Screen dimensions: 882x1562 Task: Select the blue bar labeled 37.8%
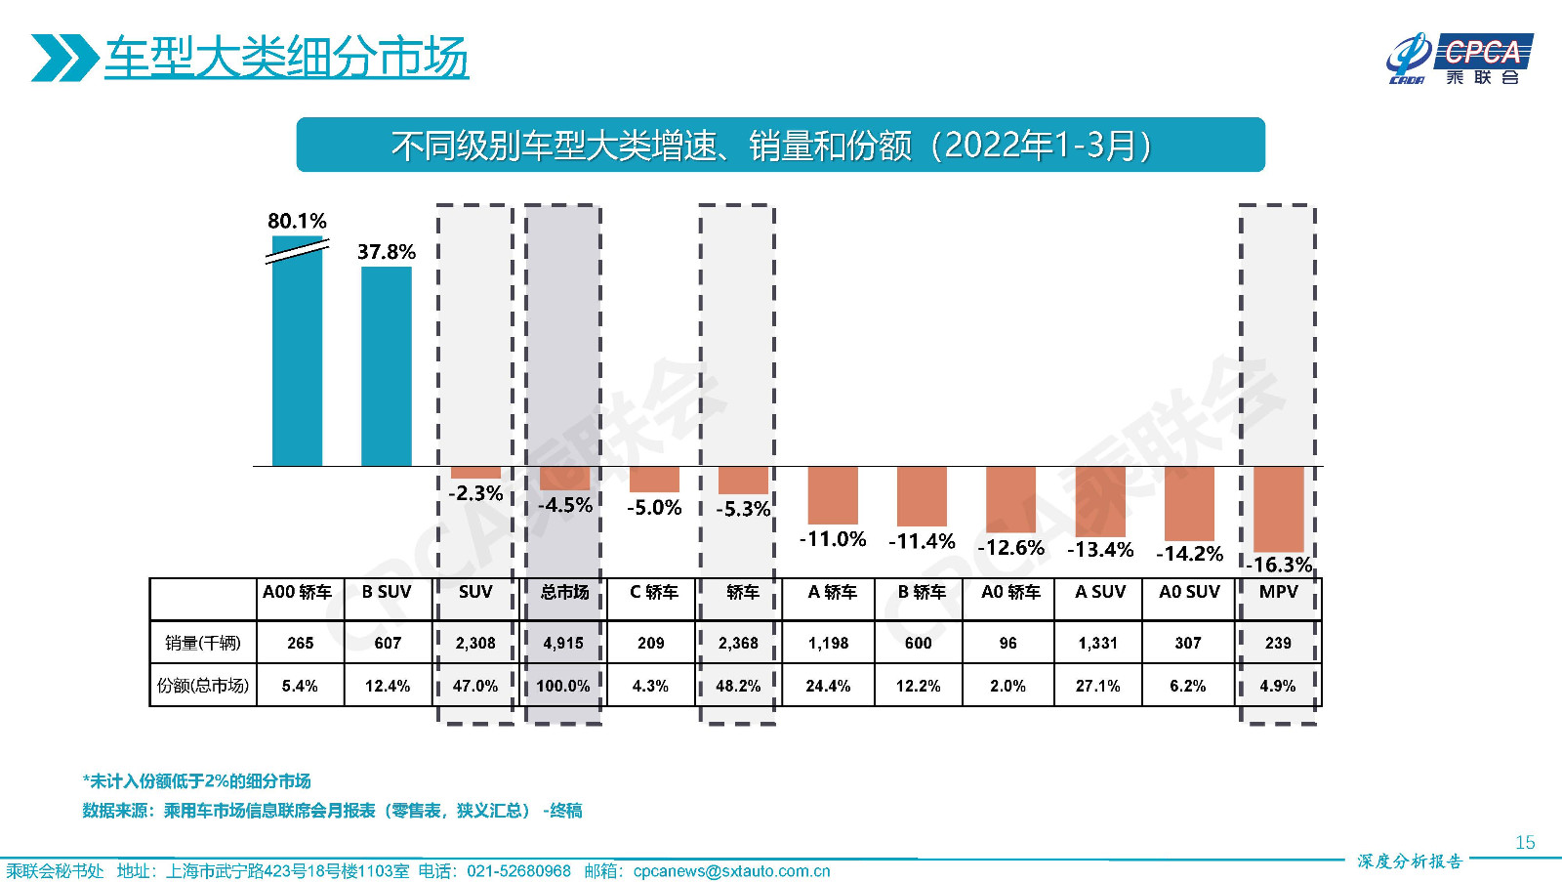tap(387, 366)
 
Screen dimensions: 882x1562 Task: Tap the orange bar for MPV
tap(1279, 508)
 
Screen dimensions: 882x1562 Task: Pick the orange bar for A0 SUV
tap(1189, 503)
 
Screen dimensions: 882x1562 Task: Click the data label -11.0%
tap(833, 539)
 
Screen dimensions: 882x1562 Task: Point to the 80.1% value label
tap(297, 221)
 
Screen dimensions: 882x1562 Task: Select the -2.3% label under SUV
tap(475, 493)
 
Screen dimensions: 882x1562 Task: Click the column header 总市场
tap(564, 592)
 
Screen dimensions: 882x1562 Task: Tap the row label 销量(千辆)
tap(202, 643)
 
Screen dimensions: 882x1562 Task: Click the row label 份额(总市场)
tap(202, 686)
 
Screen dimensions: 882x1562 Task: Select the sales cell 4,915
tap(563, 643)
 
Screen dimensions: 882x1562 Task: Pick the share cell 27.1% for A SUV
tap(1097, 686)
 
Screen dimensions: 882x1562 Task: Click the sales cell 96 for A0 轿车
tap(1007, 643)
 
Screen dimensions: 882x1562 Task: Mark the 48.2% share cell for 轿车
tap(738, 686)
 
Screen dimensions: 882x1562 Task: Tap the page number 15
tap(1525, 842)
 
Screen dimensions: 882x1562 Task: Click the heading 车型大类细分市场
tap(286, 57)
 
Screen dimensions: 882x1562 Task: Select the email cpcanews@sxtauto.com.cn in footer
tap(731, 871)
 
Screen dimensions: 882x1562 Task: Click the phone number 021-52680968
tap(518, 871)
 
